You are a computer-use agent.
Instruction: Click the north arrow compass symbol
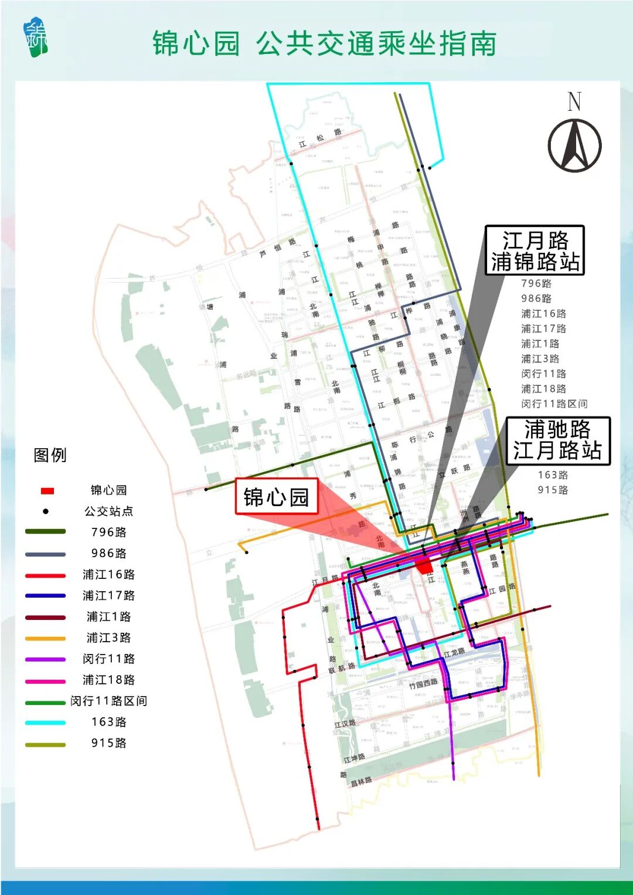[x=574, y=145]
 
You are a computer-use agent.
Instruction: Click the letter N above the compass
[x=574, y=102]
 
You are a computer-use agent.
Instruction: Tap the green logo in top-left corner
[x=36, y=39]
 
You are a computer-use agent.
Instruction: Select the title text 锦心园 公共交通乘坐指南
[x=325, y=44]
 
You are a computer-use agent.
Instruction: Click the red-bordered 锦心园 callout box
[x=276, y=497]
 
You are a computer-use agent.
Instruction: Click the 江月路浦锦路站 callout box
[x=535, y=250]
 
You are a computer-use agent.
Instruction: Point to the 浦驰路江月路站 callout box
[x=557, y=440]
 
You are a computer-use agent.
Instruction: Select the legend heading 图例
[x=50, y=455]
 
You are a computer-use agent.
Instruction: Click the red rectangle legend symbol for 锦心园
[x=47, y=490]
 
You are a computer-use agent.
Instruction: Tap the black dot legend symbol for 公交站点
[x=46, y=511]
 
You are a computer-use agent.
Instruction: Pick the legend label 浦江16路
[x=108, y=574]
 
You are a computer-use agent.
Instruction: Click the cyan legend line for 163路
[x=46, y=723]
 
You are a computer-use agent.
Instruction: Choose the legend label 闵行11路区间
[x=108, y=701]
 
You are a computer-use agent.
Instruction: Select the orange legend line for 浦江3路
[x=46, y=639]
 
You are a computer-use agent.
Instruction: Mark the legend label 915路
[x=108, y=743]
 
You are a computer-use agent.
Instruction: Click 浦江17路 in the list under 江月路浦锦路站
[x=543, y=328]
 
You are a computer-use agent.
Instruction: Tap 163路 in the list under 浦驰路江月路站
[x=553, y=475]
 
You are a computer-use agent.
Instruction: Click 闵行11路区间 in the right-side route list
[x=554, y=404]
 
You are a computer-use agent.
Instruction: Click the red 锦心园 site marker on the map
[x=424, y=565]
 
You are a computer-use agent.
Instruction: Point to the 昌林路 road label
[x=361, y=782]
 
